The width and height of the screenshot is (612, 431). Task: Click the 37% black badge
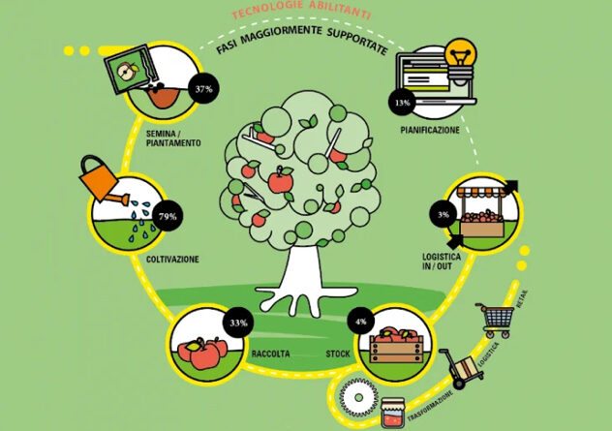point(203,88)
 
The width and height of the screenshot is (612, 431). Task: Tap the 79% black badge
point(168,216)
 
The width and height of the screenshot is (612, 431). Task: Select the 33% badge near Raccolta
point(238,323)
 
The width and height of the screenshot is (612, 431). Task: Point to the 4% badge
point(360,322)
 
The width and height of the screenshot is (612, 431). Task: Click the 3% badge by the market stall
point(443,214)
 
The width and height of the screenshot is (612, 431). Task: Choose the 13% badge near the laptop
point(402,103)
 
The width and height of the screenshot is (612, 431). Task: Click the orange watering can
point(103,180)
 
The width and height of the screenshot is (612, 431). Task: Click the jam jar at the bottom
point(392,413)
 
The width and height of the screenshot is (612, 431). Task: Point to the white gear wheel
point(358,398)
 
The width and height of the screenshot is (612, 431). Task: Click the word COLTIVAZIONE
point(172,260)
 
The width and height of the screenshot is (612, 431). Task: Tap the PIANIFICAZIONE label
point(430,130)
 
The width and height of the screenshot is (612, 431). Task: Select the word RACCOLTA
point(270,354)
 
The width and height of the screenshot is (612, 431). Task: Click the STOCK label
point(338,354)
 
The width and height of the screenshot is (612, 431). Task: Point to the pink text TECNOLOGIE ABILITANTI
point(300,9)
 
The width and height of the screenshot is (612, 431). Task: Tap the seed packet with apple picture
point(131,71)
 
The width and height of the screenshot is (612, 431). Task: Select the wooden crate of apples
point(396,346)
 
